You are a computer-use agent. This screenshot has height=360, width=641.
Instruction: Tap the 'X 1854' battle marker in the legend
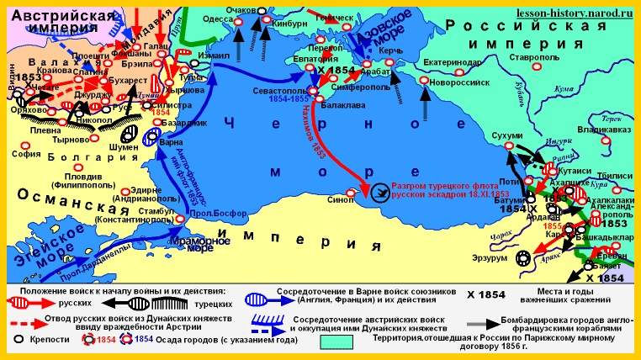click(487, 295)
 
